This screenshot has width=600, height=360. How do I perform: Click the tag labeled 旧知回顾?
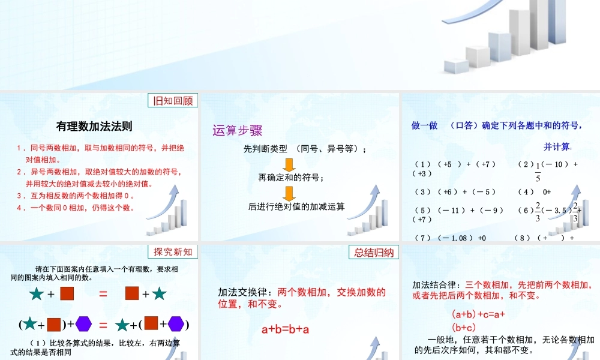pyautogui.click(x=173, y=101)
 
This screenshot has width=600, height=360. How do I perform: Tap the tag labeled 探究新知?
pyautogui.click(x=173, y=252)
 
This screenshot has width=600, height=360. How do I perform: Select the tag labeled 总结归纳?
pyautogui.click(x=373, y=252)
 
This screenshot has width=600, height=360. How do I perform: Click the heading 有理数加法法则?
pyautogui.click(x=94, y=126)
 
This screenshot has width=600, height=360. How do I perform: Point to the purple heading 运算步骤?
pyautogui.click(x=238, y=130)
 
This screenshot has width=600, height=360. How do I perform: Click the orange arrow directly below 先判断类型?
pyautogui.click(x=289, y=164)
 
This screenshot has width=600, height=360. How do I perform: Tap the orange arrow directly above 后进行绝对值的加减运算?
pyautogui.click(x=289, y=193)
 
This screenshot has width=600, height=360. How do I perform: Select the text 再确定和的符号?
pyautogui.click(x=291, y=178)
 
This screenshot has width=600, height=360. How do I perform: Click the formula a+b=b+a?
pyautogui.click(x=286, y=329)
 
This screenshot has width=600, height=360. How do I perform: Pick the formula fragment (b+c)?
pyautogui.click(x=463, y=327)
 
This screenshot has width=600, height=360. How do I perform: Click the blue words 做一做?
pyautogui.click(x=424, y=126)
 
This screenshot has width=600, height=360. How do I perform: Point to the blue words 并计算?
pyautogui.click(x=557, y=146)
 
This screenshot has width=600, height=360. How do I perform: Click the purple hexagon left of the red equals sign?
pyautogui.click(x=83, y=325)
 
